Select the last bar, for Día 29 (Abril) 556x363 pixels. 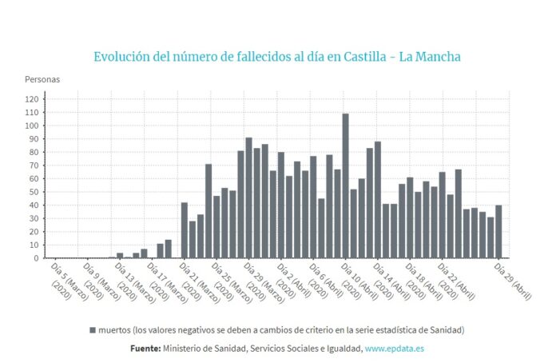(498, 232)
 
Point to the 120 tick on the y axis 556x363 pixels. (32, 99)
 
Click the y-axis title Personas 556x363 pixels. (42, 79)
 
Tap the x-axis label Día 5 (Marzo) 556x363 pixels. (67, 279)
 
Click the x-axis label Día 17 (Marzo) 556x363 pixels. (165, 279)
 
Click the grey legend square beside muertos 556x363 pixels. (92, 329)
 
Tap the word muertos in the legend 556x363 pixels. (114, 329)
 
